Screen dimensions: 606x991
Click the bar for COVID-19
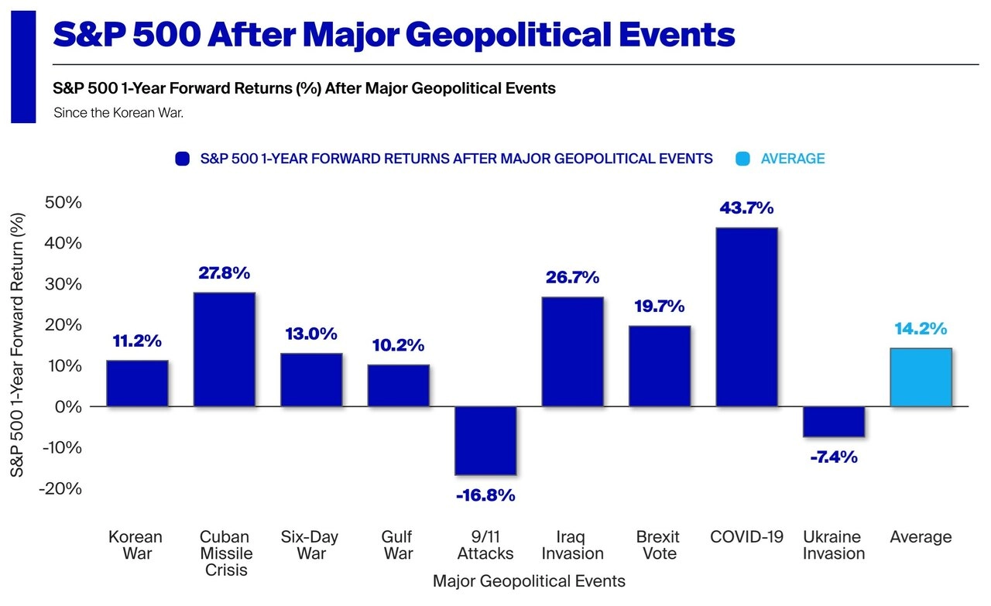point(746,317)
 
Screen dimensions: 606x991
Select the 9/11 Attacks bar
point(485,440)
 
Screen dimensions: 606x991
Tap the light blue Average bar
point(921,377)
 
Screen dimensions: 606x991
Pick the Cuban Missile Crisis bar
point(224,349)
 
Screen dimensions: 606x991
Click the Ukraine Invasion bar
point(834,421)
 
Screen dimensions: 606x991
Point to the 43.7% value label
point(746,208)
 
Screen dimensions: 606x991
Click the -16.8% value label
point(485,495)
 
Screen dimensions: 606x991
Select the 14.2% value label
point(921,329)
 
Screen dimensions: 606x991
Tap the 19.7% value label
point(659,306)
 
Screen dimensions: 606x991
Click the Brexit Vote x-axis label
point(659,545)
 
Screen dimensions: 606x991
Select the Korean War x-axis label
point(135,545)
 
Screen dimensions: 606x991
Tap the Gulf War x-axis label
point(397,545)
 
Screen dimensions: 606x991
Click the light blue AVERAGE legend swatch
point(742,159)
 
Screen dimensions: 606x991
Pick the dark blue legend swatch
point(183,159)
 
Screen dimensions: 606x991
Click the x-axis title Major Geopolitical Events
point(529,580)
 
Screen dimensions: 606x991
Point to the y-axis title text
point(17,345)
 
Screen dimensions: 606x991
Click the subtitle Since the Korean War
point(118,113)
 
